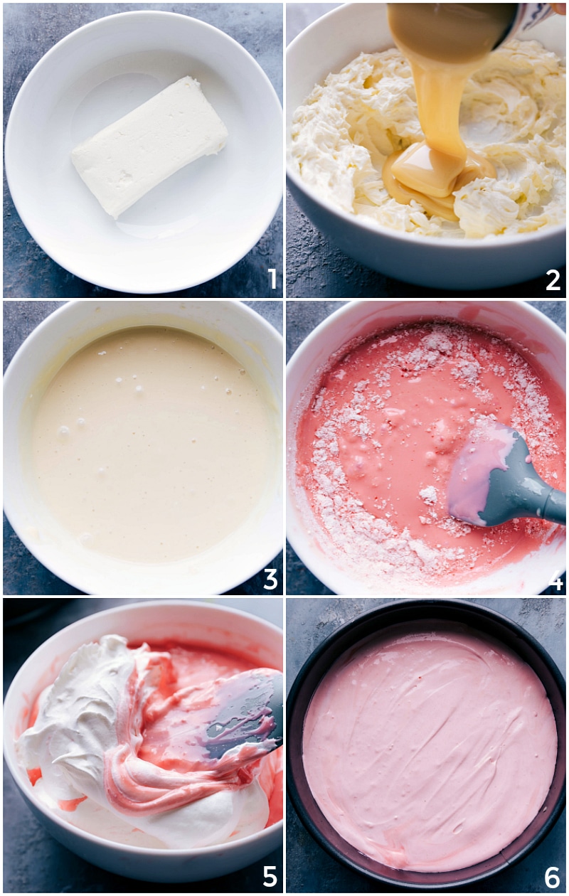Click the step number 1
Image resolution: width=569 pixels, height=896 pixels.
(271, 279)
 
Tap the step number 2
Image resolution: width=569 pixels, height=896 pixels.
(553, 279)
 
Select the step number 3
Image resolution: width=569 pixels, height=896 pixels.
(270, 579)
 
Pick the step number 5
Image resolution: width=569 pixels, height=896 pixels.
(270, 876)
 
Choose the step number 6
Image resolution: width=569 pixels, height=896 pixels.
(553, 878)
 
